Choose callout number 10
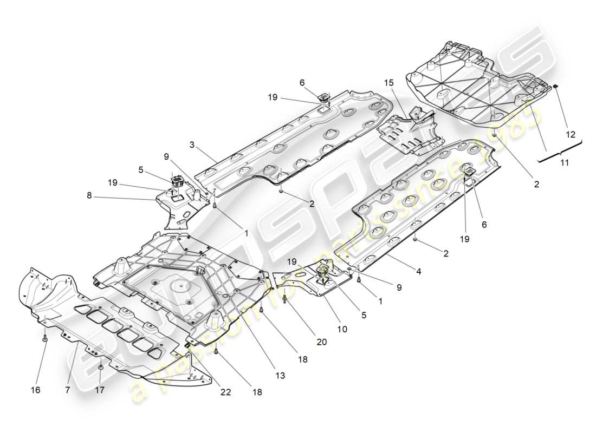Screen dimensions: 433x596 point(342,329)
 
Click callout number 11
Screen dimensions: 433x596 point(564,161)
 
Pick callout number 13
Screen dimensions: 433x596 point(280,375)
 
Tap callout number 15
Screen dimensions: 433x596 point(388,83)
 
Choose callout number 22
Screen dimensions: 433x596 point(226,392)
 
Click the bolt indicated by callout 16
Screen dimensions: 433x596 point(45,339)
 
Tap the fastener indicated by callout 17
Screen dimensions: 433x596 point(101,368)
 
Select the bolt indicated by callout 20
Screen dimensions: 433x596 point(285,299)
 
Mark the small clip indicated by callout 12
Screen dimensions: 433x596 point(555,86)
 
